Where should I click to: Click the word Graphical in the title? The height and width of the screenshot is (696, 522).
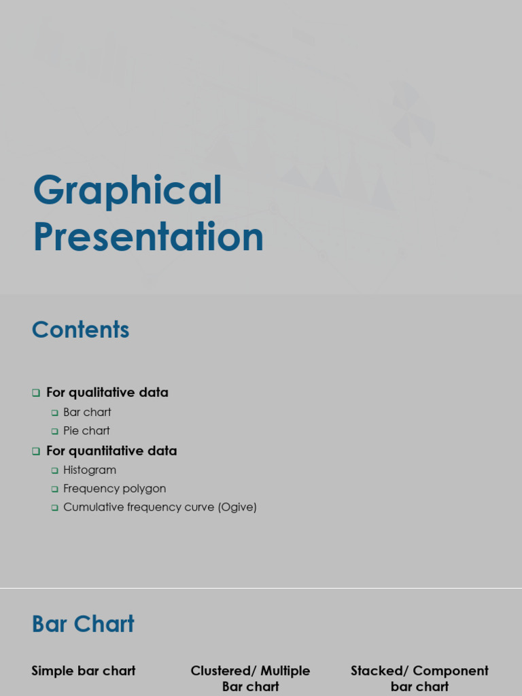(x=127, y=192)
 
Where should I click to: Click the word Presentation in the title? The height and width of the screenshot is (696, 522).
(x=148, y=237)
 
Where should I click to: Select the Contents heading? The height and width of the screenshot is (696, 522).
(x=80, y=330)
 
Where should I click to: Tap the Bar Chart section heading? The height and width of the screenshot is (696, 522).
(x=83, y=624)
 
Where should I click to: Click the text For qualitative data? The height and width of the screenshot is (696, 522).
(x=107, y=392)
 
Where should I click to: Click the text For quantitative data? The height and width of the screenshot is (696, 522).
(x=111, y=451)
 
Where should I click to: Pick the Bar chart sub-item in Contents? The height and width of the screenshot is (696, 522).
(x=87, y=412)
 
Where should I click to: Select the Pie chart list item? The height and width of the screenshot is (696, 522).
(x=86, y=431)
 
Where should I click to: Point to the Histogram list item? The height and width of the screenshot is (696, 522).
(x=90, y=470)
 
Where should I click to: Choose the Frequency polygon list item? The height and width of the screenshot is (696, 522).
(x=114, y=489)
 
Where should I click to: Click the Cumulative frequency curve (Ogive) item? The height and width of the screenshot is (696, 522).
(x=160, y=507)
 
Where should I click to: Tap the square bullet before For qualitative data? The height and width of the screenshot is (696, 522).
(x=36, y=393)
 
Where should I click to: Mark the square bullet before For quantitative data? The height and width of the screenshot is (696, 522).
(x=36, y=451)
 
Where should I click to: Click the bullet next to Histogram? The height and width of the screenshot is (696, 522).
(x=55, y=470)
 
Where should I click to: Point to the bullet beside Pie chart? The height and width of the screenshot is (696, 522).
(x=55, y=432)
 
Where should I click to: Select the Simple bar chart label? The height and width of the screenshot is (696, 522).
(x=84, y=671)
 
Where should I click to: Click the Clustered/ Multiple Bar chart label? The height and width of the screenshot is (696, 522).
(x=250, y=678)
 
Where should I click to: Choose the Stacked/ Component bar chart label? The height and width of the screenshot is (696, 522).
(x=419, y=678)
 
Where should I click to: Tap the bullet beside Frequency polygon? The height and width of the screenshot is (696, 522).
(x=55, y=489)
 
